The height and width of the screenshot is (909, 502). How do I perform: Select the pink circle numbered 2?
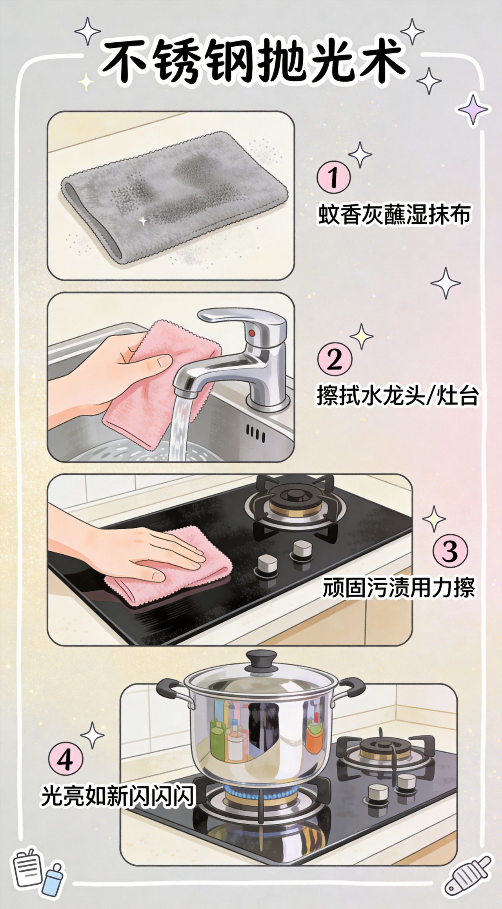[335, 359]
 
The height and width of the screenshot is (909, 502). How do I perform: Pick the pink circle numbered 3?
[450, 551]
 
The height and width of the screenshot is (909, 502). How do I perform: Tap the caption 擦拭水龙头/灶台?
[398, 396]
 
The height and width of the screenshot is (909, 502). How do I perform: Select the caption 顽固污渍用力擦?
[399, 587]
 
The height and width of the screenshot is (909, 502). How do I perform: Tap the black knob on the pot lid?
[260, 661]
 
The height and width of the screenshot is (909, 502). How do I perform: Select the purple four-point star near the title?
[474, 109]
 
